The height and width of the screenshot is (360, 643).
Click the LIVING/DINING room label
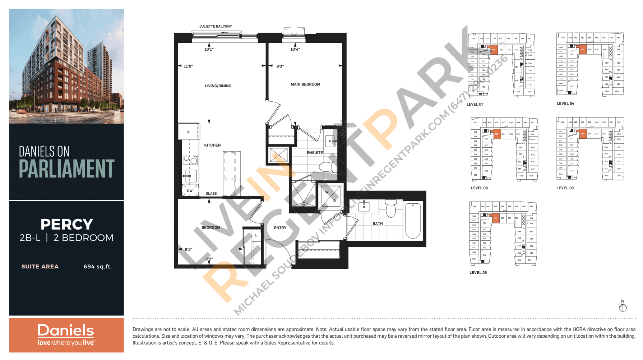tap(218, 86)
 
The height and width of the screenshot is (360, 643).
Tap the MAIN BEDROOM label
tap(305, 84)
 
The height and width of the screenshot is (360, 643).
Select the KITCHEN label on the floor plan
tap(212, 145)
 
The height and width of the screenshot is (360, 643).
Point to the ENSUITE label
tap(314, 153)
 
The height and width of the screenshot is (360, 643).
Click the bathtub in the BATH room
tap(413, 221)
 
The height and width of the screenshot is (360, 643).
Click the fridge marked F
tap(189, 132)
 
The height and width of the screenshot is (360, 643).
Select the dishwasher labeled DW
tap(190, 191)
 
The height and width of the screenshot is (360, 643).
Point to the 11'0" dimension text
tap(188, 66)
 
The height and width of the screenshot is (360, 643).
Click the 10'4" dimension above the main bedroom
tap(295, 50)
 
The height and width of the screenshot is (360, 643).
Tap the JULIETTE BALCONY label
tap(216, 26)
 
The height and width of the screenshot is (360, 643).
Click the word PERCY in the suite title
tap(67, 225)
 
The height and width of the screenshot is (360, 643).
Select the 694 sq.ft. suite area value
tap(98, 267)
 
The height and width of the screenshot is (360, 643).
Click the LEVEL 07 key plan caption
tap(475, 105)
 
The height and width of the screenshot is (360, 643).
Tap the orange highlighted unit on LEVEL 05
tap(495, 218)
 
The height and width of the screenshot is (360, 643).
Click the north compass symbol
tap(623, 308)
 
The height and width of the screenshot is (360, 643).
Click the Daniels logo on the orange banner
tap(66, 334)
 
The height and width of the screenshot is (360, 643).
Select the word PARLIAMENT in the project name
tap(66, 169)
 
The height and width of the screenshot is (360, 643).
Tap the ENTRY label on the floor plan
tap(280, 228)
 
